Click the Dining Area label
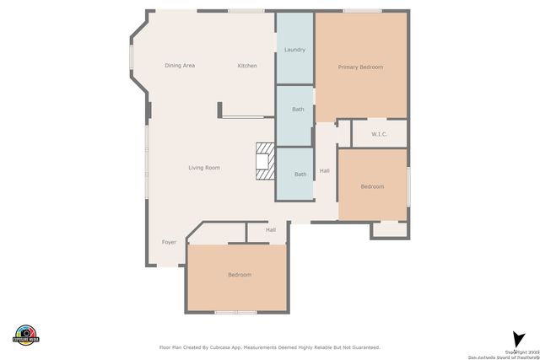180,66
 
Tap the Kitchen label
246,66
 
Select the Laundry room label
294,50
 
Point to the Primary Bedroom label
360,67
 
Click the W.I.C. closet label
379,133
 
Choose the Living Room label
203,168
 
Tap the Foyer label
170,242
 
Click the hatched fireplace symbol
266,160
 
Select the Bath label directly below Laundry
298,110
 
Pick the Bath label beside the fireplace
300,175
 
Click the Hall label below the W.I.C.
325,171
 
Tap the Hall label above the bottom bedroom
271,229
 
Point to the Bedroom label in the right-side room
372,186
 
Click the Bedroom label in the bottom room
239,275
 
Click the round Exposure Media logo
27,334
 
